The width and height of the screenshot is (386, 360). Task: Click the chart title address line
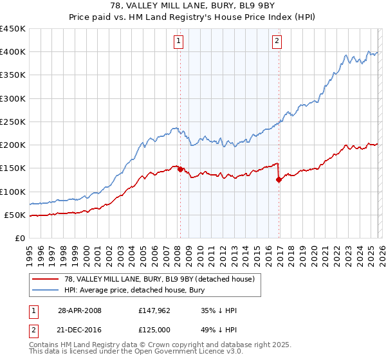point(192,6)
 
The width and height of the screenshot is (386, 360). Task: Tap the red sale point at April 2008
point(180,169)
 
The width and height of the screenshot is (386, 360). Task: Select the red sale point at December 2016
point(279,180)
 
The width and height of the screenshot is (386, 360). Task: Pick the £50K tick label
point(15,215)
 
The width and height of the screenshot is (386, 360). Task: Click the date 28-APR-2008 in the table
point(79,310)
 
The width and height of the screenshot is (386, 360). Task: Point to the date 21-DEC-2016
point(79,330)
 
